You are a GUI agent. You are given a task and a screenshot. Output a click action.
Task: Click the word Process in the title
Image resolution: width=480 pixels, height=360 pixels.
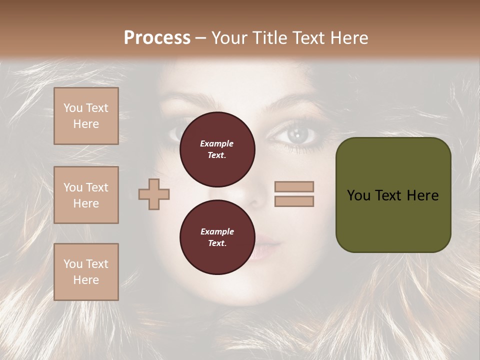157,37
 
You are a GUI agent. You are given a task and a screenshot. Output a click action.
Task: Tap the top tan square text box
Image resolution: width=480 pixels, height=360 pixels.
86,116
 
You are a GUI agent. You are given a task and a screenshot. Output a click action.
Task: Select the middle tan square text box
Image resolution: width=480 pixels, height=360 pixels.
86,195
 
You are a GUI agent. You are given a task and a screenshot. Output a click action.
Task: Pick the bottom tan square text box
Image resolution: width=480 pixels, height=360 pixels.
86,272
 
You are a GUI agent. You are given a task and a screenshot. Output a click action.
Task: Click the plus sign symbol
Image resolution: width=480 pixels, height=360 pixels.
154,194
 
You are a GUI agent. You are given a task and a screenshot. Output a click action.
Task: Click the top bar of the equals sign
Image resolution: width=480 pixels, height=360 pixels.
294,186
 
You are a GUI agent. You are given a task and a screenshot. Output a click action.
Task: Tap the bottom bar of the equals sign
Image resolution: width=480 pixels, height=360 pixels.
294,201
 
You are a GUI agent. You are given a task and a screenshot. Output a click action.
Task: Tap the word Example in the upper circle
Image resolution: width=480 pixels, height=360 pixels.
217,143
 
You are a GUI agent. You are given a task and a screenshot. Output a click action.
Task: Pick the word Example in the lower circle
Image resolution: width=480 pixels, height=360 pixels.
217,231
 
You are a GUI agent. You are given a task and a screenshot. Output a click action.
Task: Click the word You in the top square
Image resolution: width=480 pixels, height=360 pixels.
73,108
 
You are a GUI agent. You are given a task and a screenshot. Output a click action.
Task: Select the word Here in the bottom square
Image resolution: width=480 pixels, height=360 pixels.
86,280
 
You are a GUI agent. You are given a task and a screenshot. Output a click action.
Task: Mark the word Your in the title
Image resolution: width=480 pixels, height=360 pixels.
231,37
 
